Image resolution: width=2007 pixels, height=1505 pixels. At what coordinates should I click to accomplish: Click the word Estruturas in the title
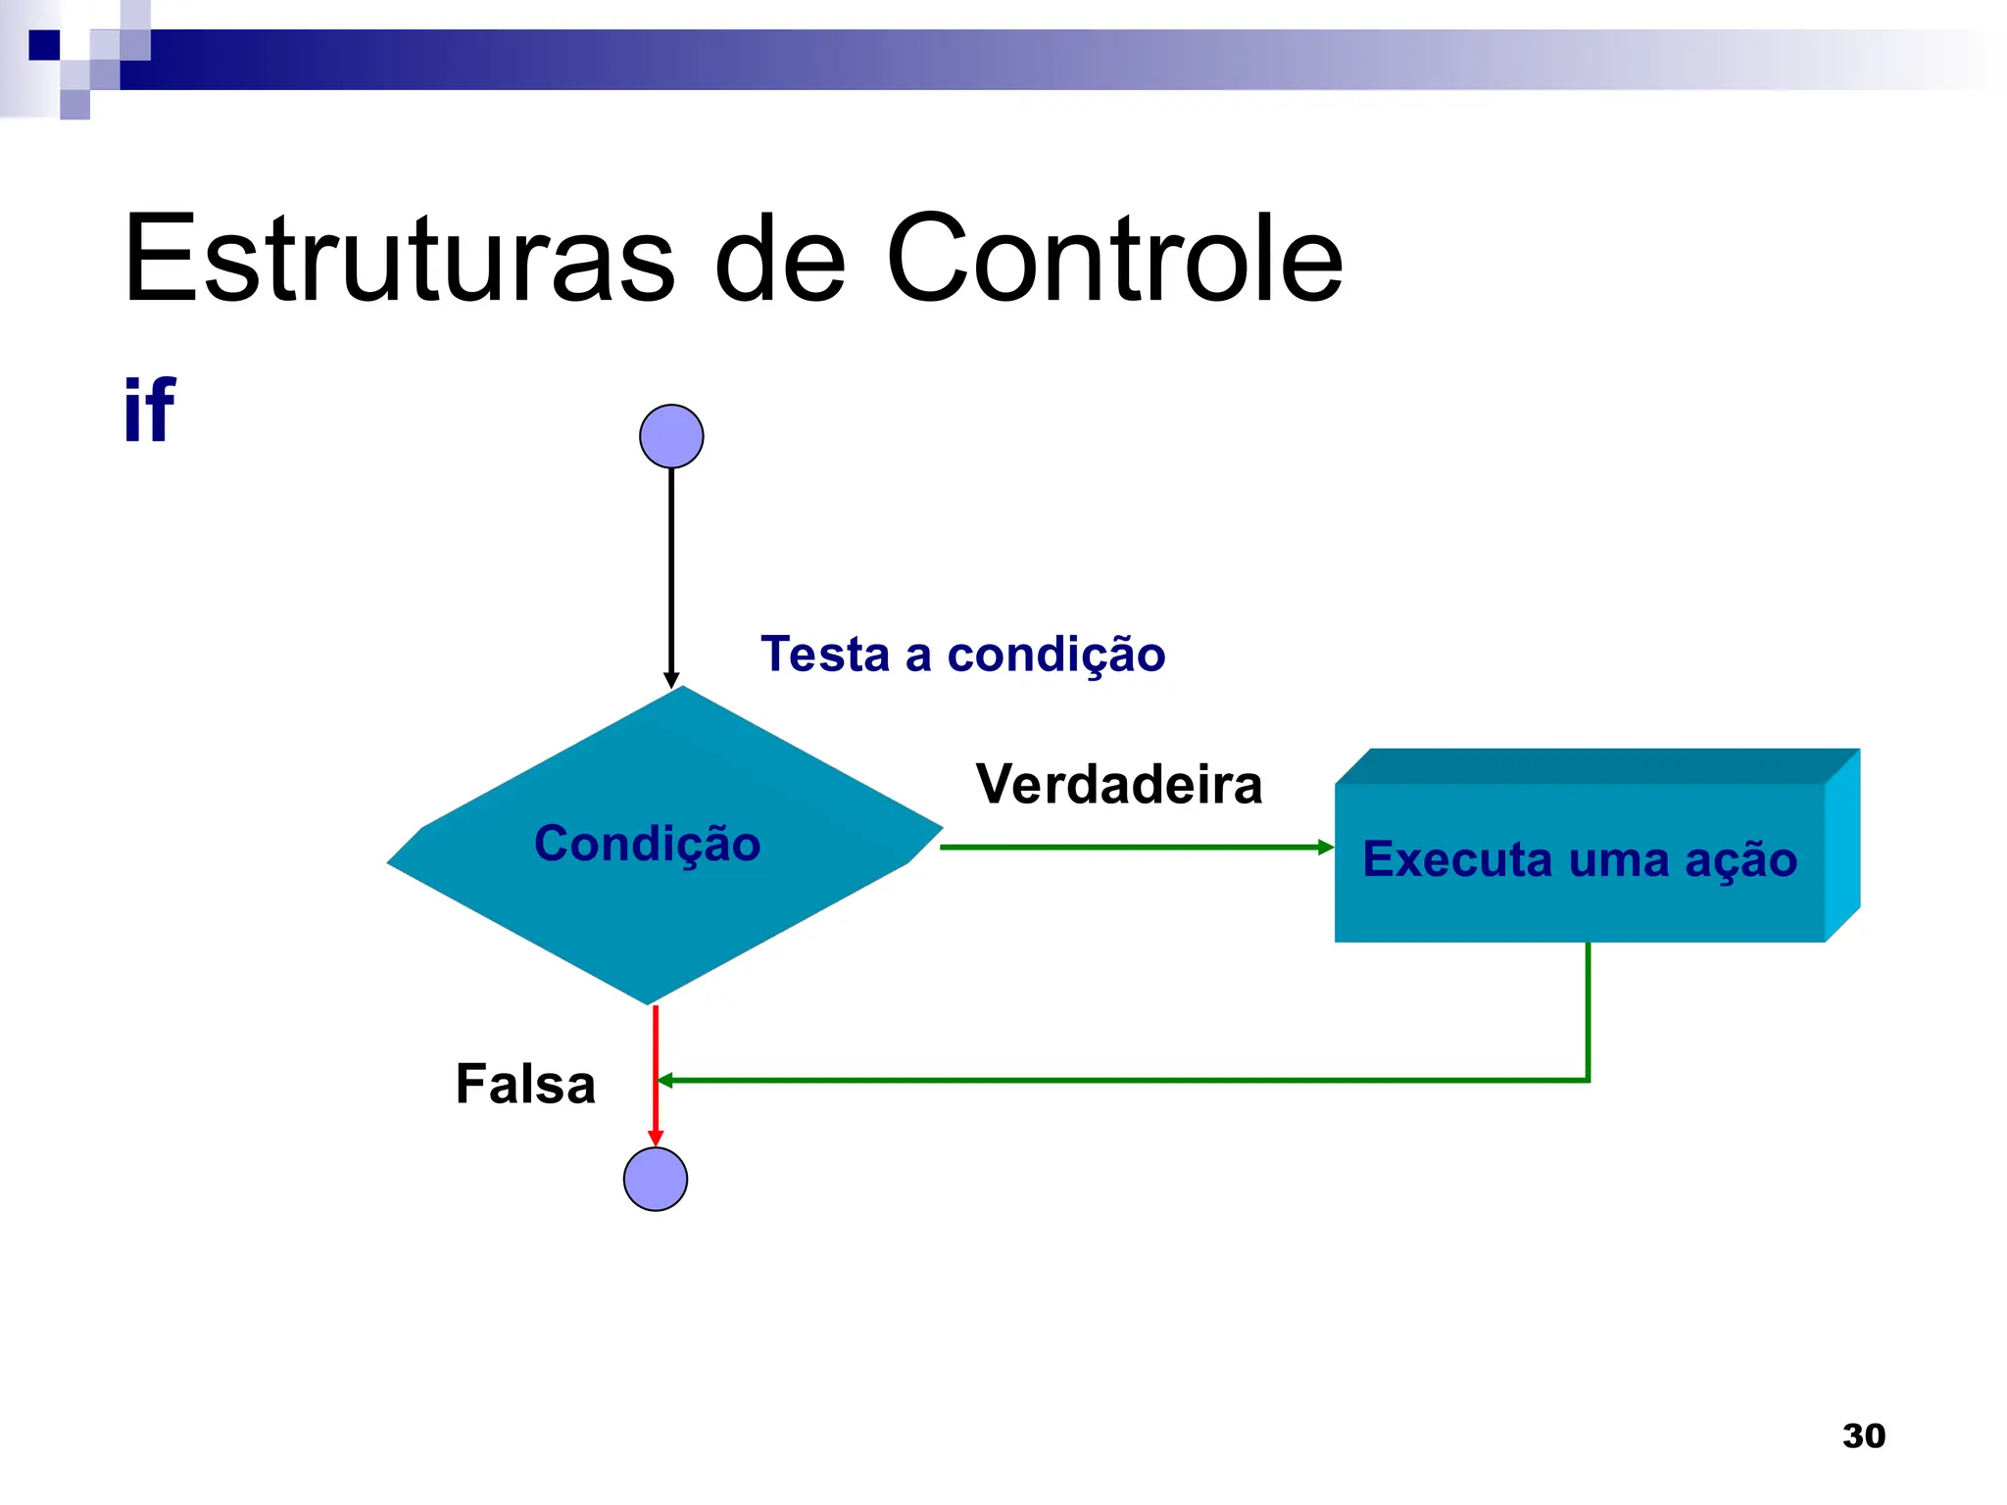pos(399,259)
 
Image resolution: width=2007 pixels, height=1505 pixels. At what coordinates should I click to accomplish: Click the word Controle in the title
pos(1114,259)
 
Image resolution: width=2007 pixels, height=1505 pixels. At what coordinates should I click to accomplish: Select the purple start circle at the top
pos(671,436)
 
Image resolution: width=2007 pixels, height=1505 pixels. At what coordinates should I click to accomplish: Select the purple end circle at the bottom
pos(656,1179)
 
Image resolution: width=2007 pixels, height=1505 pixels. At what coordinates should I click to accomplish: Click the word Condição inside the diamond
pos(647,844)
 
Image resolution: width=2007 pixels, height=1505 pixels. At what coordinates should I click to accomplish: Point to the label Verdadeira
pos(1118,784)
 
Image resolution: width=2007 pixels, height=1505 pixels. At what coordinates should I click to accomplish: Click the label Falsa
pos(525,1084)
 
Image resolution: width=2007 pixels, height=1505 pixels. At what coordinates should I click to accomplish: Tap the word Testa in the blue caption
pos(824,654)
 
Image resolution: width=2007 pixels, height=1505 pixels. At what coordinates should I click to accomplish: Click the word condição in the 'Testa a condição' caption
pos(1055,655)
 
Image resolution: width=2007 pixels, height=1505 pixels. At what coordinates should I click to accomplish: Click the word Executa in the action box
pos(1457,859)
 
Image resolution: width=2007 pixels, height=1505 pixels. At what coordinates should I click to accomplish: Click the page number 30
pos(1863,1435)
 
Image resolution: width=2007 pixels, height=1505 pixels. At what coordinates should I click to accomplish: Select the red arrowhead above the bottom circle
pos(656,1138)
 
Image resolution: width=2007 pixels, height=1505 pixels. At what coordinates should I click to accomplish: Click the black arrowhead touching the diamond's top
pos(671,680)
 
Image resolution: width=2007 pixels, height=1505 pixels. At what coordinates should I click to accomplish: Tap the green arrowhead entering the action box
pos(1325,847)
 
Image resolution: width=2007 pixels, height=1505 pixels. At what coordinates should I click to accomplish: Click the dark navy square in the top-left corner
pos(44,45)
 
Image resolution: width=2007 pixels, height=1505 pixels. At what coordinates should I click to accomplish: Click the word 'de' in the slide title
pos(779,259)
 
